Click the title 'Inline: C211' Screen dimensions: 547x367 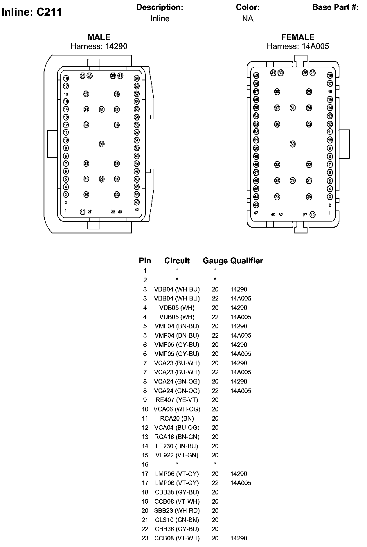(x=31, y=12)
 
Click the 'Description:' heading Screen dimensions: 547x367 (x=160, y=7)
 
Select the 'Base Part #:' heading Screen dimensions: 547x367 (x=335, y=7)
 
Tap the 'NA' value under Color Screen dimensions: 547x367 (x=248, y=19)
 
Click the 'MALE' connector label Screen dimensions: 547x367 (x=99, y=37)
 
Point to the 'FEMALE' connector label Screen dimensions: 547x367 (x=298, y=37)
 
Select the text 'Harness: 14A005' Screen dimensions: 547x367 (x=298, y=46)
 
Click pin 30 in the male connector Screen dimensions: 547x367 (x=102, y=144)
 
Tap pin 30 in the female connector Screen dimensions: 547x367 (x=293, y=144)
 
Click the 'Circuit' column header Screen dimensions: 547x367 (x=177, y=260)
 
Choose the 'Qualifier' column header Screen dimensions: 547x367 (x=247, y=260)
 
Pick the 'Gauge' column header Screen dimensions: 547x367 (x=215, y=260)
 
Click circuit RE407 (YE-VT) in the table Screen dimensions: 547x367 (x=177, y=400)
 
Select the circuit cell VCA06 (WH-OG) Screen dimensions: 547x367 (x=177, y=409)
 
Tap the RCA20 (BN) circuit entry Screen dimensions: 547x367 (x=177, y=418)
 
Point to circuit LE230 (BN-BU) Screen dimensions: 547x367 (x=177, y=446)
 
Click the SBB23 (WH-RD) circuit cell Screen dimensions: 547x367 (x=177, y=510)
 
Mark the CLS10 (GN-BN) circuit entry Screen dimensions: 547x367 (x=177, y=520)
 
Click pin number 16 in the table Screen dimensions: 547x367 (x=145, y=465)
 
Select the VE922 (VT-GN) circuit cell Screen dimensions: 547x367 (x=177, y=455)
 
